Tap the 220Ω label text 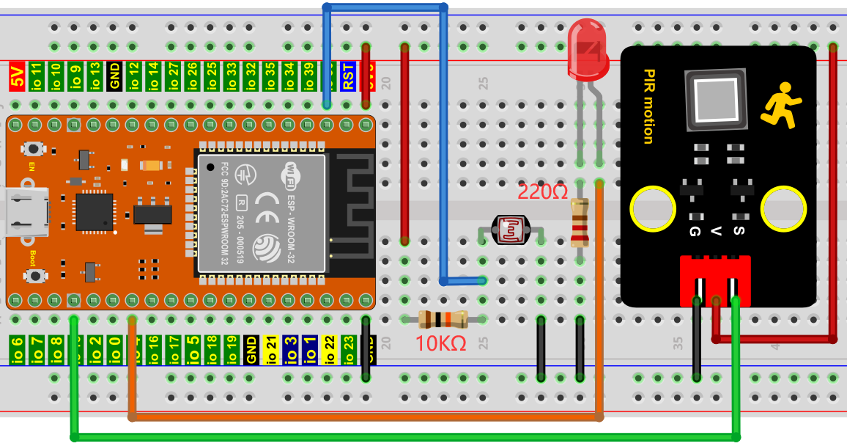[542, 193]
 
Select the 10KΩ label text [441, 343]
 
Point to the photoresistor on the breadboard [511, 230]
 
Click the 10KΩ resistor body [443, 319]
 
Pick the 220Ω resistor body [580, 223]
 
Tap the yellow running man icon [778, 102]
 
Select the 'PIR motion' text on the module [648, 106]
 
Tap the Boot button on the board [34, 275]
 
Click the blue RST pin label [348, 76]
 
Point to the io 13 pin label [95, 76]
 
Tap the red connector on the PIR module [714, 279]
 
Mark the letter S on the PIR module [739, 231]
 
